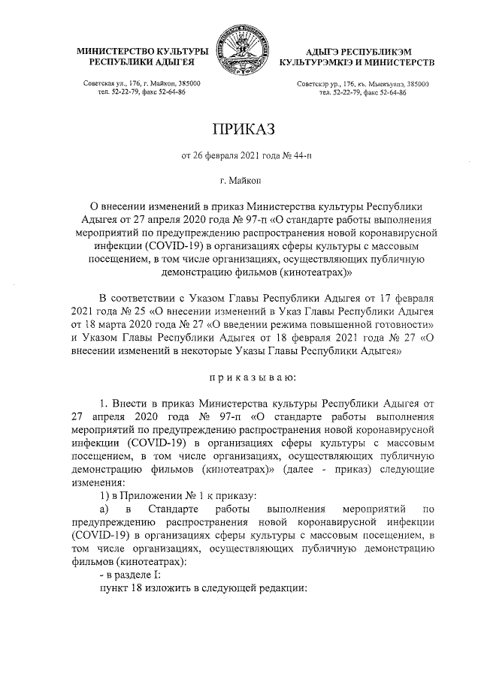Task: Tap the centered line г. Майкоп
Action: pos(240,181)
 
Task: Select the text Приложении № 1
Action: pos(150,497)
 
